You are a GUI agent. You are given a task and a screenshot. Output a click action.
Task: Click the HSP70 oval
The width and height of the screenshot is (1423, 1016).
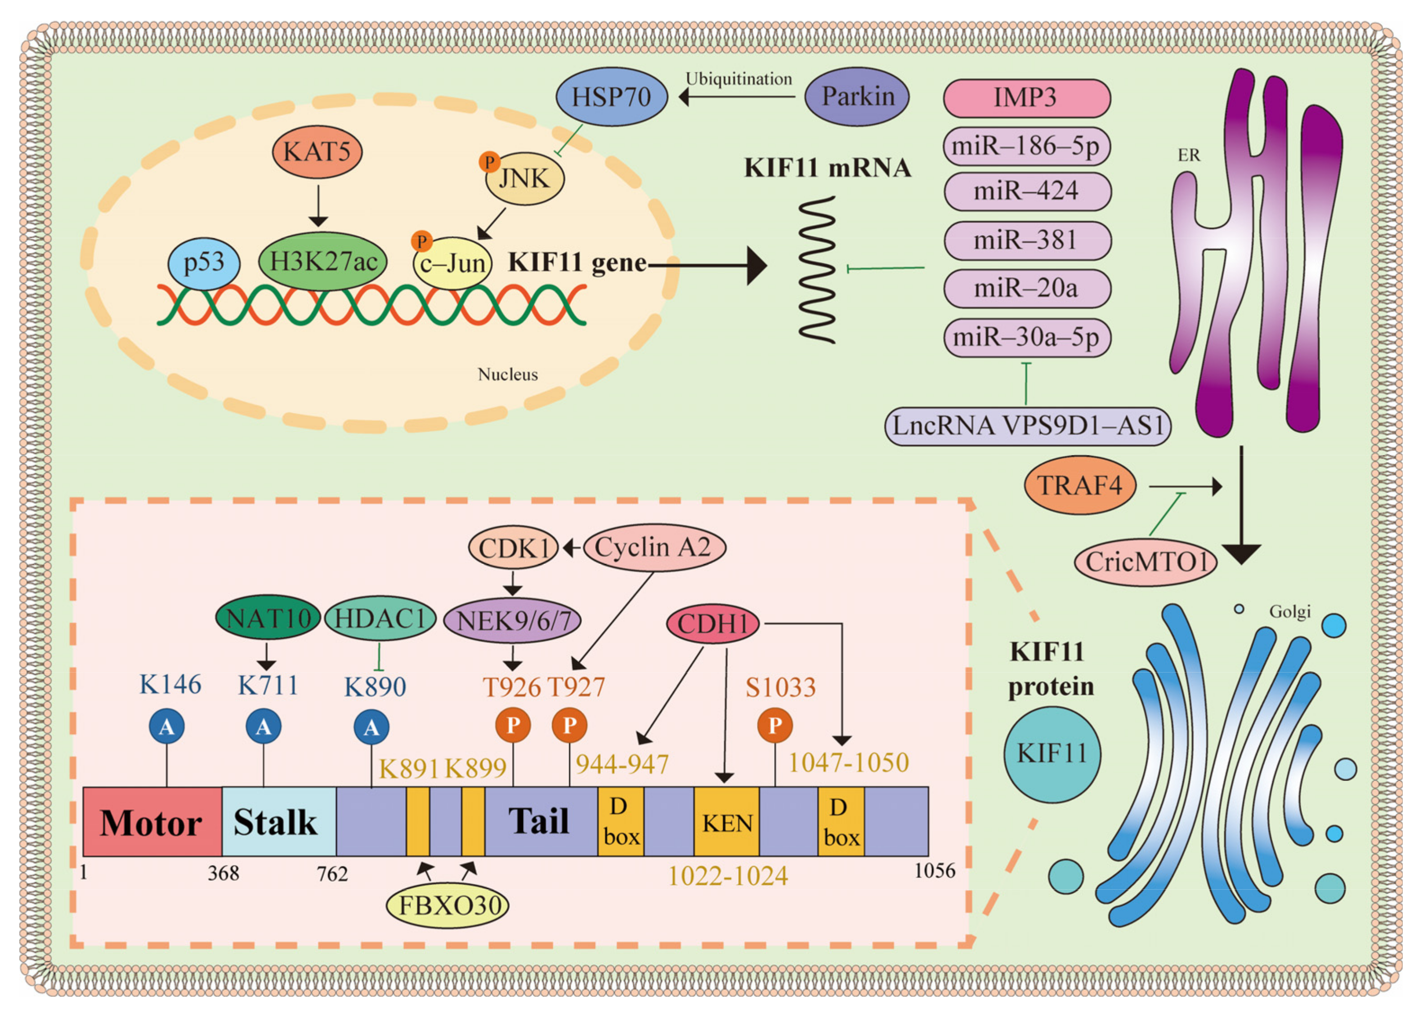point(611,97)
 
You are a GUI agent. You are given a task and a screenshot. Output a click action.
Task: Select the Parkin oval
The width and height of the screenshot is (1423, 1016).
point(857,97)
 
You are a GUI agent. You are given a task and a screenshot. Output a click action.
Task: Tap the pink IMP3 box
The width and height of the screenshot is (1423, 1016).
point(1026,98)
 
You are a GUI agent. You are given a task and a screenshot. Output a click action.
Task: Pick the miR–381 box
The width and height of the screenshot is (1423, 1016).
point(1026,240)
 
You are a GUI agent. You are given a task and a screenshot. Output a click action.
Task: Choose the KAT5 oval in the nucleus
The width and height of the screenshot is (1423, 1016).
point(317,152)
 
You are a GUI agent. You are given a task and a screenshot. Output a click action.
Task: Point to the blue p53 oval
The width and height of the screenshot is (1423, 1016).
point(204,263)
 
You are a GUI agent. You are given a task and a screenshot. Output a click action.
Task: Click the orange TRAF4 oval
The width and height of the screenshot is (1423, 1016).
point(1079,486)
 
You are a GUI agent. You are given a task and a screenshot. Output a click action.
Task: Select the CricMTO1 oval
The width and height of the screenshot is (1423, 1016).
point(1145,562)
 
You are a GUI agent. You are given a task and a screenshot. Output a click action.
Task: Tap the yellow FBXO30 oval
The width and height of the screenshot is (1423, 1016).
point(447,905)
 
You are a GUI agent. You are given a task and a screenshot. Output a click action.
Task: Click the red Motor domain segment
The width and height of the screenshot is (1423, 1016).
point(152,821)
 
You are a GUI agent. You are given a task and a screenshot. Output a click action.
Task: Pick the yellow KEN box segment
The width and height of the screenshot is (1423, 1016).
point(726,821)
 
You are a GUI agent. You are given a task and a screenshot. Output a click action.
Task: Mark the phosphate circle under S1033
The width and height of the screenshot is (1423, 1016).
point(775,725)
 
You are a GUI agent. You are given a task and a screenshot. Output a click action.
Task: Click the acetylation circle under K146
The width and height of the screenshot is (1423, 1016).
point(166,726)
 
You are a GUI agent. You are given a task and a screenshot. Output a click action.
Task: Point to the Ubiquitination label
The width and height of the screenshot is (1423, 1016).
point(738,79)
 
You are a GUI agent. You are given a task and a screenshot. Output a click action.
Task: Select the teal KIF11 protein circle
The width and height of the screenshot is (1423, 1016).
point(1052,754)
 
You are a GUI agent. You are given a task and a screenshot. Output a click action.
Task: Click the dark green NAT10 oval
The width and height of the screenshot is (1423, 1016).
point(268,619)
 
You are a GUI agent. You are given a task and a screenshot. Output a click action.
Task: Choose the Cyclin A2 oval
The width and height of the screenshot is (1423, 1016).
point(653,548)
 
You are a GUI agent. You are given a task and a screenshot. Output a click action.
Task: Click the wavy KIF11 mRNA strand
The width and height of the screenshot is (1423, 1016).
point(817,269)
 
